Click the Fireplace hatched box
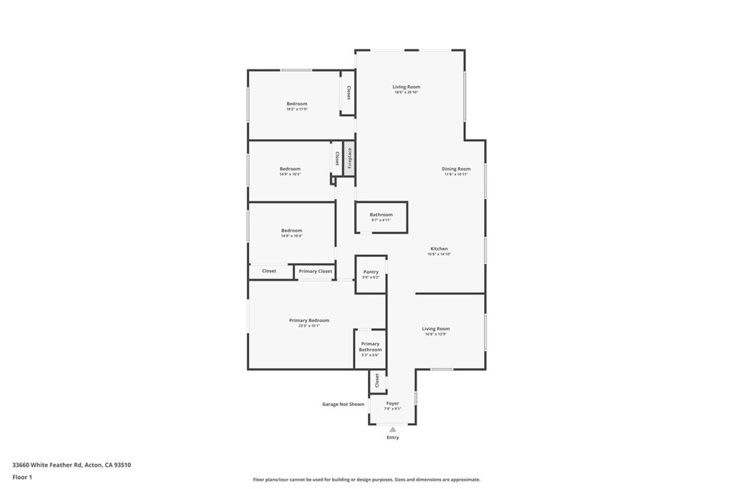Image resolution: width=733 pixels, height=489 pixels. tap(349, 158)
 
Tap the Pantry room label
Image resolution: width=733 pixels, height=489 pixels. tap(371, 272)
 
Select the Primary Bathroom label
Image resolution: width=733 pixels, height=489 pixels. tap(370, 347)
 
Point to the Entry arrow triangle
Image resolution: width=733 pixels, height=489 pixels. tap(392, 430)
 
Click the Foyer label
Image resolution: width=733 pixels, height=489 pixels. tap(392, 404)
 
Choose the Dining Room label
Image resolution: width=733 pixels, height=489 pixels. tap(456, 169)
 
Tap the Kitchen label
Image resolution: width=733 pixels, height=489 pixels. tap(439, 248)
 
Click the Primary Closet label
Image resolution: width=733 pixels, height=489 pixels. tap(316, 271)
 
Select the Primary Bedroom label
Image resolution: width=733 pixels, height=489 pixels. tap(309, 320)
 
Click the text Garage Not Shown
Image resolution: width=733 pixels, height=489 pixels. tap(343, 404)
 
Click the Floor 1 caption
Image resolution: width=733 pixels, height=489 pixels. tap(22, 477)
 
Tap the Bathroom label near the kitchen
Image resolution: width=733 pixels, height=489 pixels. tap(381, 215)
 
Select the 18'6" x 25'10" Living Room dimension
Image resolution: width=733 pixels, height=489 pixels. tap(406, 92)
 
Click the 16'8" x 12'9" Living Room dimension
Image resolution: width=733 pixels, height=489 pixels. tap(435, 334)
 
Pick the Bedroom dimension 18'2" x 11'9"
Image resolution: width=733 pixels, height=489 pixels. tap(296, 110)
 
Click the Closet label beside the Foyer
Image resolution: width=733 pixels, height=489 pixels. tap(377, 381)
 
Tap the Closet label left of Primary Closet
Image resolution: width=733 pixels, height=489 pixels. tap(269, 271)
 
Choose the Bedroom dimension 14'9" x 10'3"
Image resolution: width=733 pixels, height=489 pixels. tap(290, 175)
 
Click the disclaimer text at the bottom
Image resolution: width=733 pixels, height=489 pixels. tap(366, 480)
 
